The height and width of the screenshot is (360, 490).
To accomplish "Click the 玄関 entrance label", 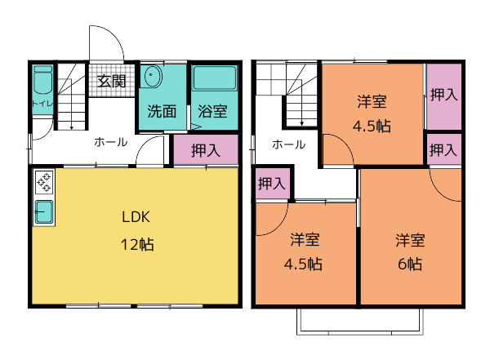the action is tap(111, 82).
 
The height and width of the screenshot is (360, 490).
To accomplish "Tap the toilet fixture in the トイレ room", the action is tap(42, 80).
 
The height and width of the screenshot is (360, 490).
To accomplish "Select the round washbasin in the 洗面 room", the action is tap(151, 76).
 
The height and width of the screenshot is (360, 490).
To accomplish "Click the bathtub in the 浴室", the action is tap(214, 78).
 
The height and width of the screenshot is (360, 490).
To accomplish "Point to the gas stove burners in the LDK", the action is tap(44, 182).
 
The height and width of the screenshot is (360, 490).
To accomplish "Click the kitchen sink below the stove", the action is tap(44, 212).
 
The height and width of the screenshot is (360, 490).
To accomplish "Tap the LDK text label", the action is tap(136, 217).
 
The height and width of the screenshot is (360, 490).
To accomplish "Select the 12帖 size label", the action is tap(137, 245).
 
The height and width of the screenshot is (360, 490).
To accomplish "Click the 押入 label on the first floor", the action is tap(206, 150).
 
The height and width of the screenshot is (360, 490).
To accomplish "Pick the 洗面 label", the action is tap(162, 111).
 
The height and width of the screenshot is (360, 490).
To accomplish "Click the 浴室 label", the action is tap(212, 111).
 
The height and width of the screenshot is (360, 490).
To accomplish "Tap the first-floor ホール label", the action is tap(111, 142).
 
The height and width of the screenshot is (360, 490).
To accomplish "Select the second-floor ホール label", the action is tap(289, 144).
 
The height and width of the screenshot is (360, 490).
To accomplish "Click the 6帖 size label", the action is tap(410, 264).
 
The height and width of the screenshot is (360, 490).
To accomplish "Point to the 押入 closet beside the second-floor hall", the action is tap(272, 183).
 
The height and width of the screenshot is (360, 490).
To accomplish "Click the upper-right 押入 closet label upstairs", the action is tap(444, 95).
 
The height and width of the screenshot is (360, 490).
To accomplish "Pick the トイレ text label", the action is tap(42, 103).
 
